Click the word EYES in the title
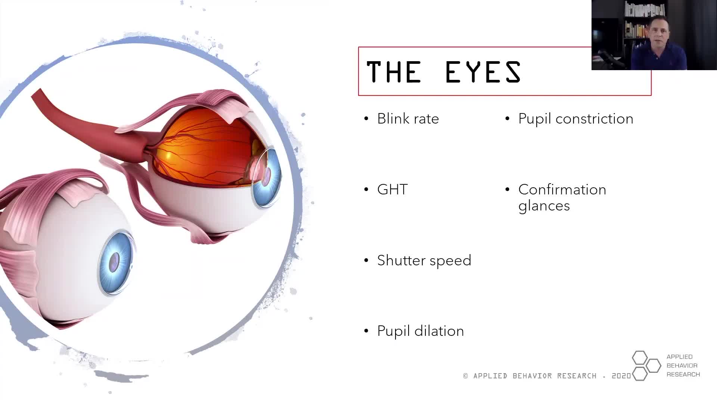pos(483,72)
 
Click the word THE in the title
pos(394,72)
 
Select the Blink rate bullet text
pos(408,119)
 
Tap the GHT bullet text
pos(392,190)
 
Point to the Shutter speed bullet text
pos(424,260)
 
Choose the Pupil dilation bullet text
pos(420,331)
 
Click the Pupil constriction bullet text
pos(575,119)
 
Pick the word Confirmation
pos(562,190)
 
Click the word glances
pos(544,206)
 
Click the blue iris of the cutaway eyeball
pos(267,177)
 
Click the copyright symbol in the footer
pos(466,376)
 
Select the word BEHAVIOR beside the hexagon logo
pos(682,366)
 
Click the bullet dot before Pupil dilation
pos(366,331)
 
